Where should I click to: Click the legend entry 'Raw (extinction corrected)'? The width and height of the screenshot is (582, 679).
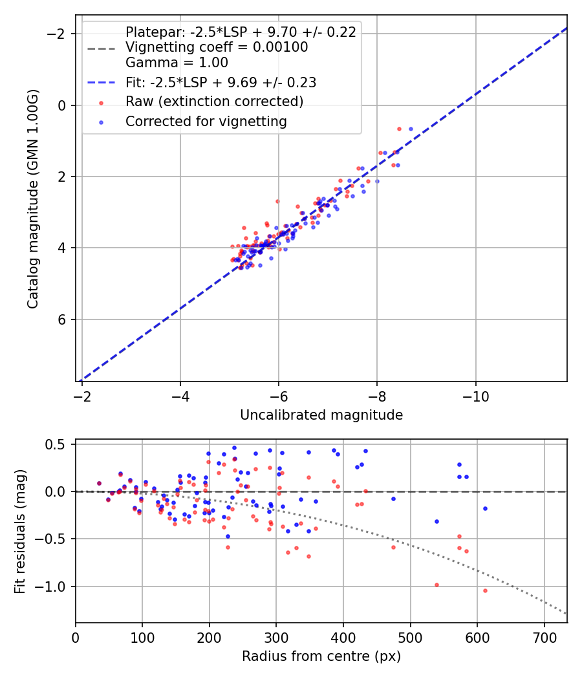(214, 102)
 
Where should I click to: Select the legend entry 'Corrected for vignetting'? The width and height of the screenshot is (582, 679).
(206, 121)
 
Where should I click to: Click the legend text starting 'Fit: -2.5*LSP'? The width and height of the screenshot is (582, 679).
(221, 83)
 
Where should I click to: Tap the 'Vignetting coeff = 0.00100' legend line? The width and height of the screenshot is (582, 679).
(217, 47)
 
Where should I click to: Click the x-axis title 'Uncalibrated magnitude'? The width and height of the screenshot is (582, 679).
(321, 415)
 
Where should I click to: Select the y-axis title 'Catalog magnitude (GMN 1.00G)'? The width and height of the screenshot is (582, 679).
(33, 199)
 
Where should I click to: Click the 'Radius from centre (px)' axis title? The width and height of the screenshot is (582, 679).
(321, 656)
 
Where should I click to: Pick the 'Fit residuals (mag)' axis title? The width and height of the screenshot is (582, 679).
(20, 532)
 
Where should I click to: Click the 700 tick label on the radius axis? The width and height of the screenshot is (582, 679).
(544, 638)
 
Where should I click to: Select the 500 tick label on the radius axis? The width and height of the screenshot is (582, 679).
(410, 638)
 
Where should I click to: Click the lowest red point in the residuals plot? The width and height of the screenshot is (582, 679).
(485, 590)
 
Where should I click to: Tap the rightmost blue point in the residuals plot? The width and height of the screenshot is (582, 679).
(485, 508)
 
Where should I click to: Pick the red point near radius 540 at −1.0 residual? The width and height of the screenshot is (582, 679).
(436, 585)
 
